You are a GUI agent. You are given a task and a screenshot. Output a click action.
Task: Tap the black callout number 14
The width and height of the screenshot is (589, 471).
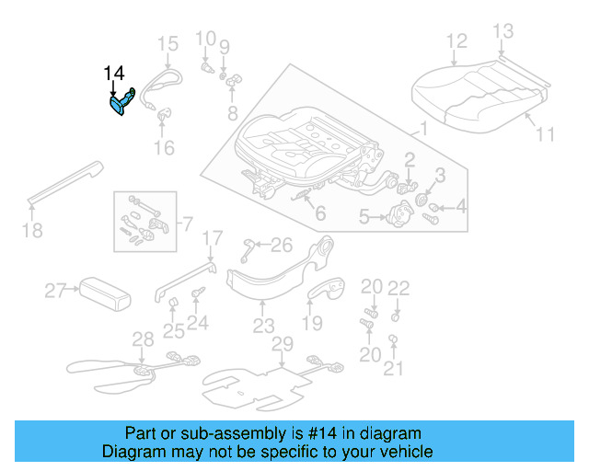113,74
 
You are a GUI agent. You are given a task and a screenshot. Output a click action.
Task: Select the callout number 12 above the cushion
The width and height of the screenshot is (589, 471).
456,40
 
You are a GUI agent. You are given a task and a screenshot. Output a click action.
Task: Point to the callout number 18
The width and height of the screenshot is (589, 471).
32,230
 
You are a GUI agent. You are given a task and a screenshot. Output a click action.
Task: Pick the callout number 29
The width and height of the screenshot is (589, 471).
282,344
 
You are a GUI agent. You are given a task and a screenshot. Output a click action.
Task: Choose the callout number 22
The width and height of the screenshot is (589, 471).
398,288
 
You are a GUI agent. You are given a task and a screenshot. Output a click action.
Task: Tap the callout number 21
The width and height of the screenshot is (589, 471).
394,369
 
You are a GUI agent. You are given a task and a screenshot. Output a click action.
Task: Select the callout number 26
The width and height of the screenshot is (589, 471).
281,244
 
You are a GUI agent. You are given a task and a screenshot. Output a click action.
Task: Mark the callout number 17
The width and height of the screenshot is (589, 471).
212,238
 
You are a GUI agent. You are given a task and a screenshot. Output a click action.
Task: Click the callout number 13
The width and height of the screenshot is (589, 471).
502,32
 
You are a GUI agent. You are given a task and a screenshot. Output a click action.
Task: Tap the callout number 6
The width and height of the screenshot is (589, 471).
319,213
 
